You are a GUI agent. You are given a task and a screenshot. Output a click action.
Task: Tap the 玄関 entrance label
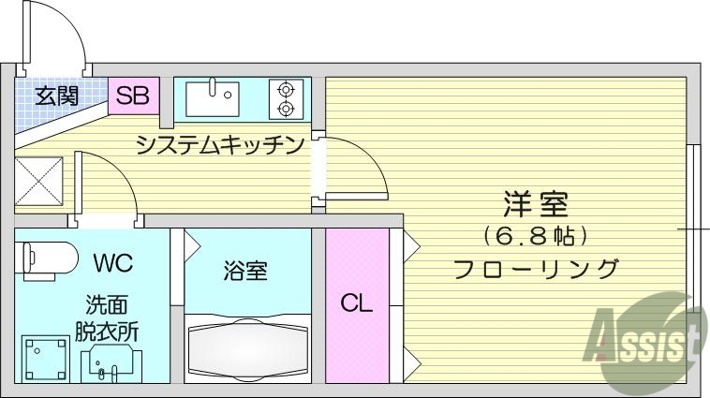point(57,95)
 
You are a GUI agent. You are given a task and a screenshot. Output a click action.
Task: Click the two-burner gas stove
point(285,98)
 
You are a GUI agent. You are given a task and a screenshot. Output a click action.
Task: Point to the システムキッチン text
point(220,145)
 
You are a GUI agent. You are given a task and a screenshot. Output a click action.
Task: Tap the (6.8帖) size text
point(536,233)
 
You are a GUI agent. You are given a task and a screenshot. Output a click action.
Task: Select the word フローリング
point(536,269)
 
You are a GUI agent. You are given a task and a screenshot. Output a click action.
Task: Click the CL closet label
point(356,302)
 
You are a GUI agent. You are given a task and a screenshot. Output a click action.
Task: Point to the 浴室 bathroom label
point(245,272)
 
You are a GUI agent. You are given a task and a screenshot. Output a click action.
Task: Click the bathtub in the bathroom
point(247,348)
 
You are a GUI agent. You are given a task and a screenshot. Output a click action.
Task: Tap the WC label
point(112,261)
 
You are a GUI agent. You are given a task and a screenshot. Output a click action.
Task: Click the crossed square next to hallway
point(39,182)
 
